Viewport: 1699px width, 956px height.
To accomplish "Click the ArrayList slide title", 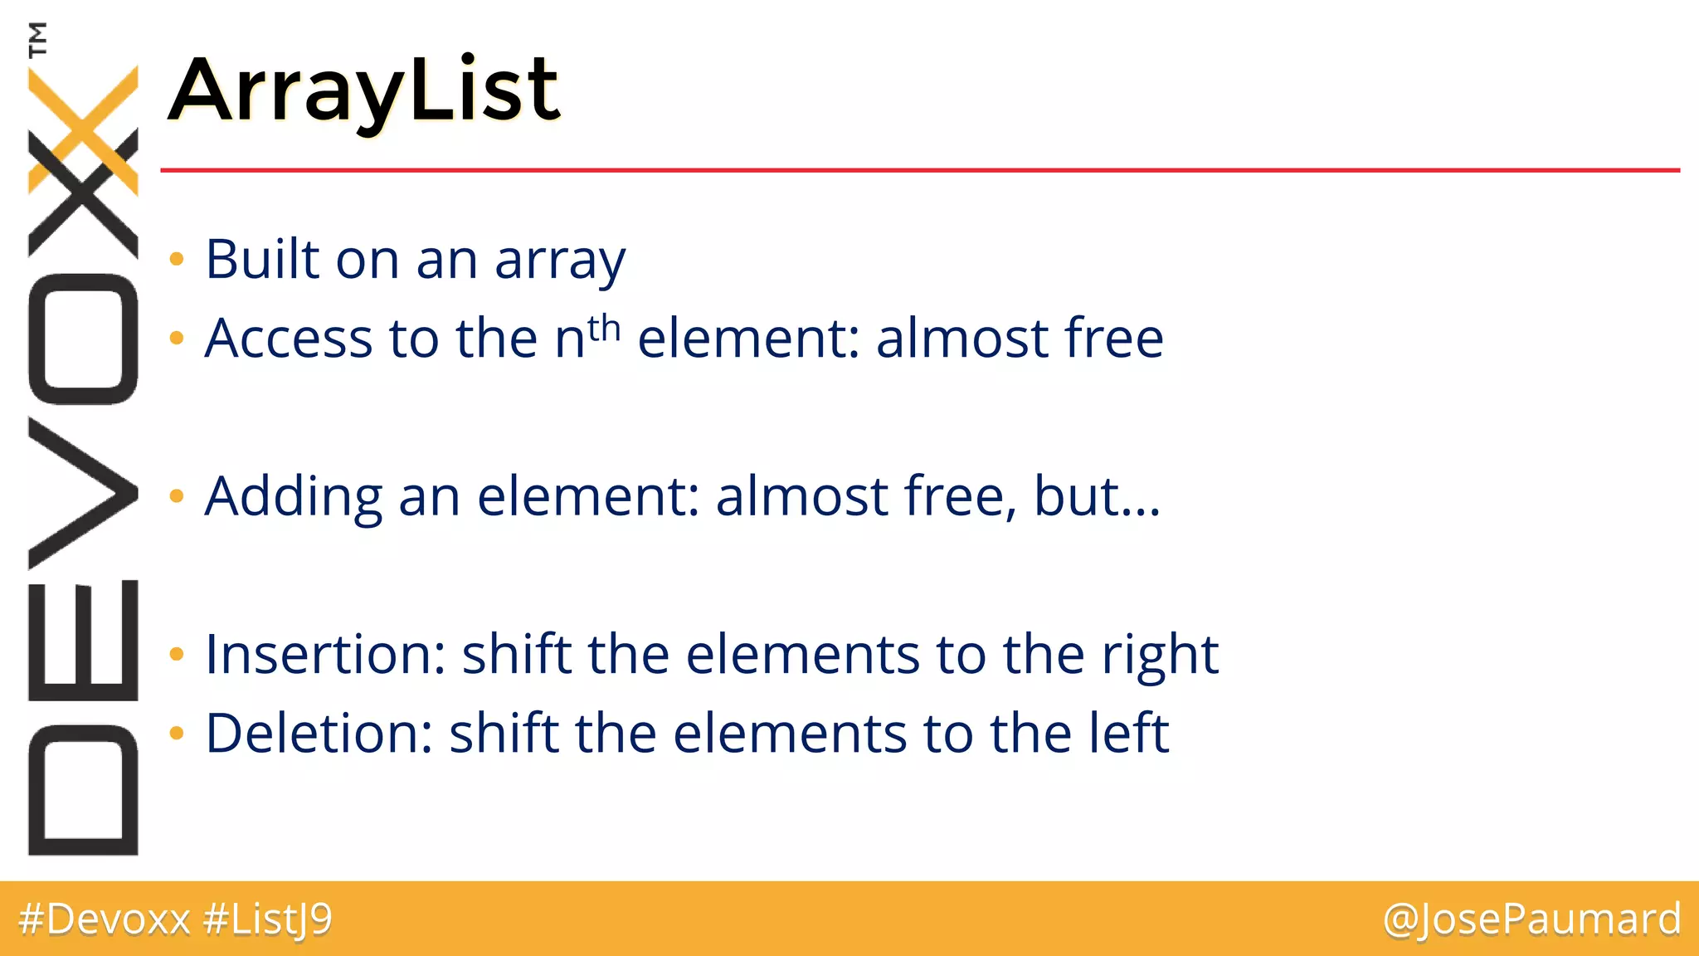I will coord(365,90).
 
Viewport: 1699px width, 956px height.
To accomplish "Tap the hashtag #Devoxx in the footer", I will coord(105,919).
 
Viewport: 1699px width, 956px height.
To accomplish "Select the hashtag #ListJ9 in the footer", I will coord(267,919).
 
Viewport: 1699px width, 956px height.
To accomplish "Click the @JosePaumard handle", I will coord(1531,919).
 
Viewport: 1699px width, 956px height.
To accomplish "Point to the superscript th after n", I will coord(605,329).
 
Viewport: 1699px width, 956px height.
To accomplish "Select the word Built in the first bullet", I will coord(262,259).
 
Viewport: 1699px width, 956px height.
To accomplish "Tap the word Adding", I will coord(293,496).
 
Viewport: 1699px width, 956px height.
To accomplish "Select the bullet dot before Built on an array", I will coord(176,260).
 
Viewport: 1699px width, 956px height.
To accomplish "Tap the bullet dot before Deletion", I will coord(176,733).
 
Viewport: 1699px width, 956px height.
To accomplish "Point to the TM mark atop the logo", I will coord(37,39).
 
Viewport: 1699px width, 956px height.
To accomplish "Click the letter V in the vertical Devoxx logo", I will coord(83,493).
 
